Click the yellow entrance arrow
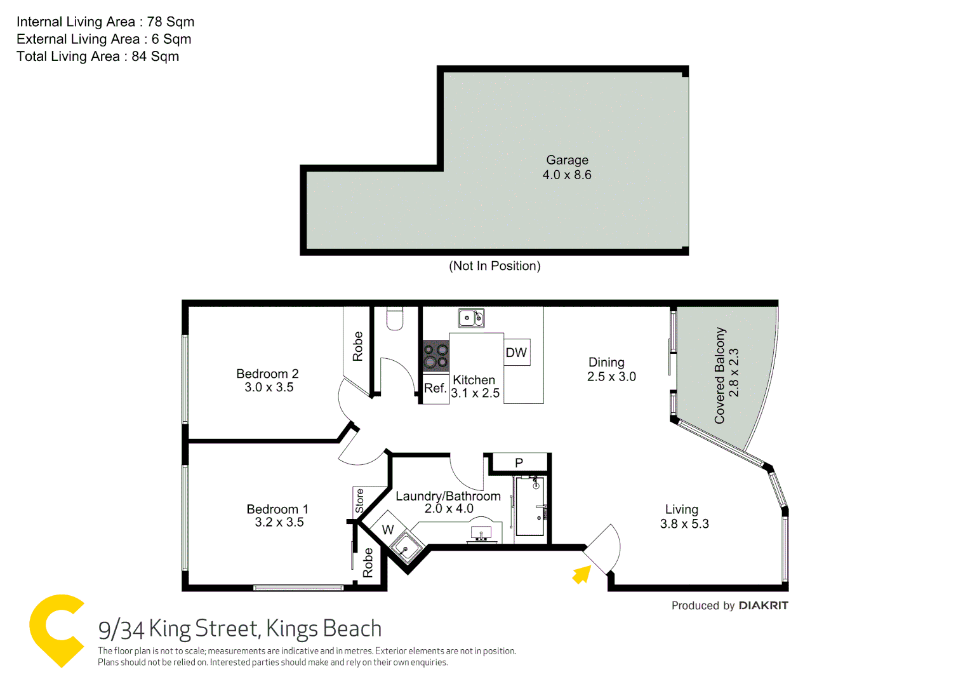pyautogui.click(x=581, y=574)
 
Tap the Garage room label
pyautogui.click(x=567, y=160)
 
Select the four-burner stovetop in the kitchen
pyautogui.click(x=436, y=356)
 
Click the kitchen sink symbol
pyautogui.click(x=471, y=318)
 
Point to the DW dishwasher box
pyautogui.click(x=517, y=353)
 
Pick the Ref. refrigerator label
pyautogui.click(x=435, y=388)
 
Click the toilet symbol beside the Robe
pyautogui.click(x=395, y=318)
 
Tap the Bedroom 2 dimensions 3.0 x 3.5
pyautogui.click(x=269, y=387)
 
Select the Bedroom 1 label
pyautogui.click(x=277, y=509)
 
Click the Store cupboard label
pyautogui.click(x=360, y=501)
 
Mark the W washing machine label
pyautogui.click(x=388, y=530)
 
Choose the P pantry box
pyautogui.click(x=519, y=462)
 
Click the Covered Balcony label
pyautogui.click(x=720, y=375)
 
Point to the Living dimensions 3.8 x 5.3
pyautogui.click(x=684, y=524)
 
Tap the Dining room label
pyautogui.click(x=606, y=362)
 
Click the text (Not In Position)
pyautogui.click(x=495, y=266)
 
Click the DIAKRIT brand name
pyautogui.click(x=763, y=605)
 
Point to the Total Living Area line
pyautogui.click(x=98, y=57)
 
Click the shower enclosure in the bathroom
pyautogui.click(x=529, y=507)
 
